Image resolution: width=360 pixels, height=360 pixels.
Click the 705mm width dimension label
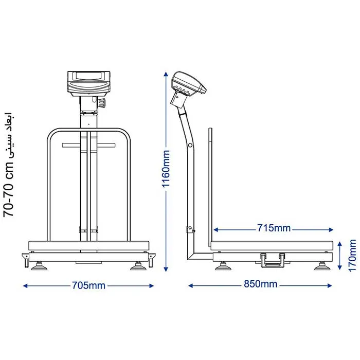click(x=89, y=285)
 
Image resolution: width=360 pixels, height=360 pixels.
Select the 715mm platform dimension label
click(x=274, y=228)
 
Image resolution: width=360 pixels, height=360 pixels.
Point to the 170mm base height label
click(x=352, y=255)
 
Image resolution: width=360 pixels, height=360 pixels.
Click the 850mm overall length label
click(x=260, y=284)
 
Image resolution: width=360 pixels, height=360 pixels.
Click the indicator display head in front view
click(x=88, y=84)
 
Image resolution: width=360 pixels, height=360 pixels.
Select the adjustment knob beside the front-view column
click(x=102, y=102)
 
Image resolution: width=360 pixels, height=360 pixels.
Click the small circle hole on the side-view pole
click(x=190, y=145)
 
